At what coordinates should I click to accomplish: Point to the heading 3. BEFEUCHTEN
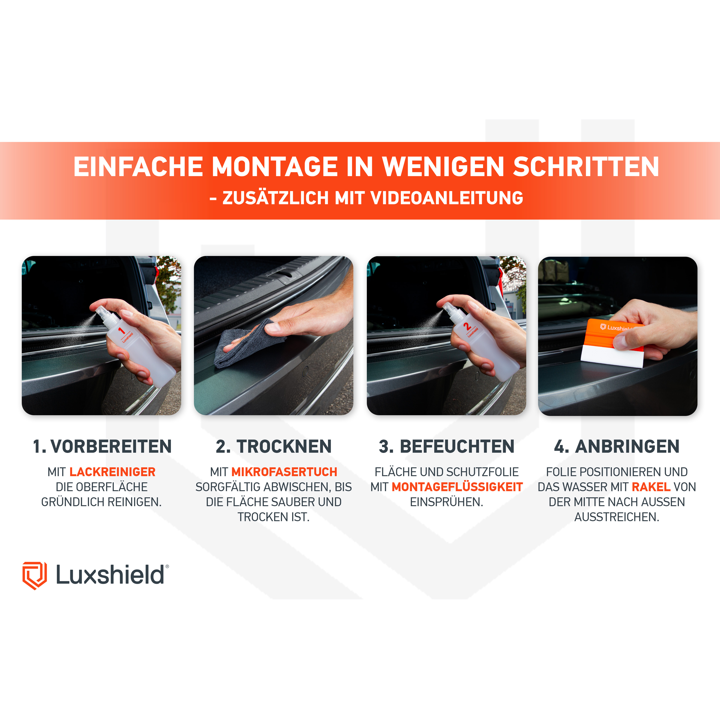click(446, 447)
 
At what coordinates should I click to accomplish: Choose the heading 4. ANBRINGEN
click(617, 447)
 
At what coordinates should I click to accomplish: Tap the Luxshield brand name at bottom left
click(110, 575)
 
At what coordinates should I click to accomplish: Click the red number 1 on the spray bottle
click(121, 330)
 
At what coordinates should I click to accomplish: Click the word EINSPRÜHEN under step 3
click(446, 502)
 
